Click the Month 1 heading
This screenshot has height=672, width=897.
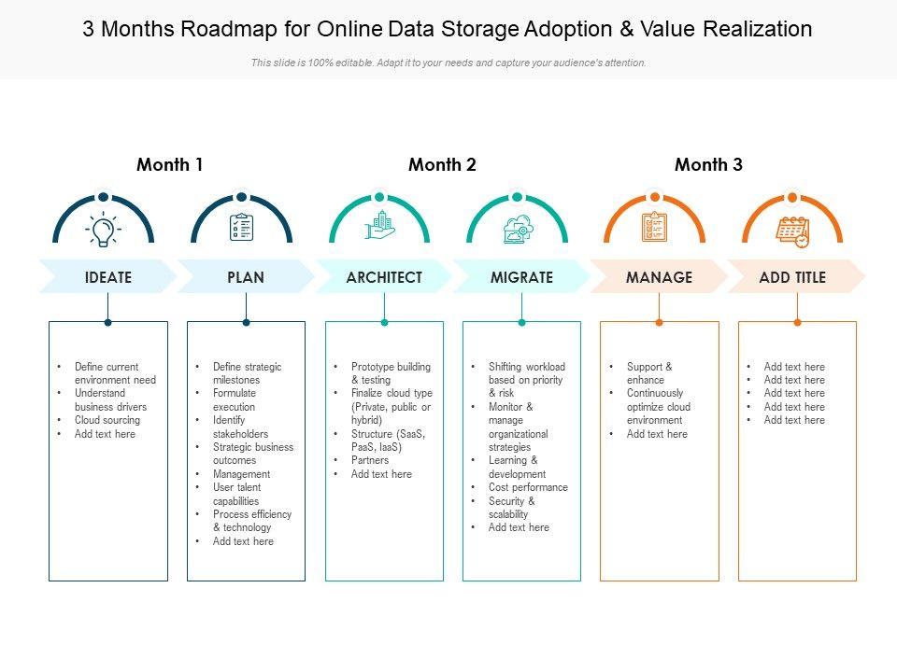pos(169,165)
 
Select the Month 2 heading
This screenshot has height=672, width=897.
pos(442,165)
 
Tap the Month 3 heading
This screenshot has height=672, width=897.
pos(708,165)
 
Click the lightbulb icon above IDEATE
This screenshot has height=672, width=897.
pos(103,228)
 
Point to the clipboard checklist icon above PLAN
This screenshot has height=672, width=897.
pos(241,227)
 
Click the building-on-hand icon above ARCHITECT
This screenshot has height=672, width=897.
pos(379,227)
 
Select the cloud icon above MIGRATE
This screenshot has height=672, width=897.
pos(517,229)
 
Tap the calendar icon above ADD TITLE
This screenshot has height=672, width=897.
pos(792,231)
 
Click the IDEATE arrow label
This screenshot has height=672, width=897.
pos(108,277)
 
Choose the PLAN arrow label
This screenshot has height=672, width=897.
pos(246,277)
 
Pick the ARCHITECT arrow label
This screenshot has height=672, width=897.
pos(384,277)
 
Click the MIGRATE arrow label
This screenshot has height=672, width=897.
pos(521,277)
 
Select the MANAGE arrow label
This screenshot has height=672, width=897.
pos(659,277)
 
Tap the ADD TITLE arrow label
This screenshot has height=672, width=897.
pos(792,277)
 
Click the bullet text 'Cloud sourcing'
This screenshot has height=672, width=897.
pos(107,421)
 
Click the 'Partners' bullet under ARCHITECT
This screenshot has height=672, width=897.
pos(370,461)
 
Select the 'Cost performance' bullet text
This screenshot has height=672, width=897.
pos(528,487)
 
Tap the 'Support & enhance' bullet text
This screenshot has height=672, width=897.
pos(649,373)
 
